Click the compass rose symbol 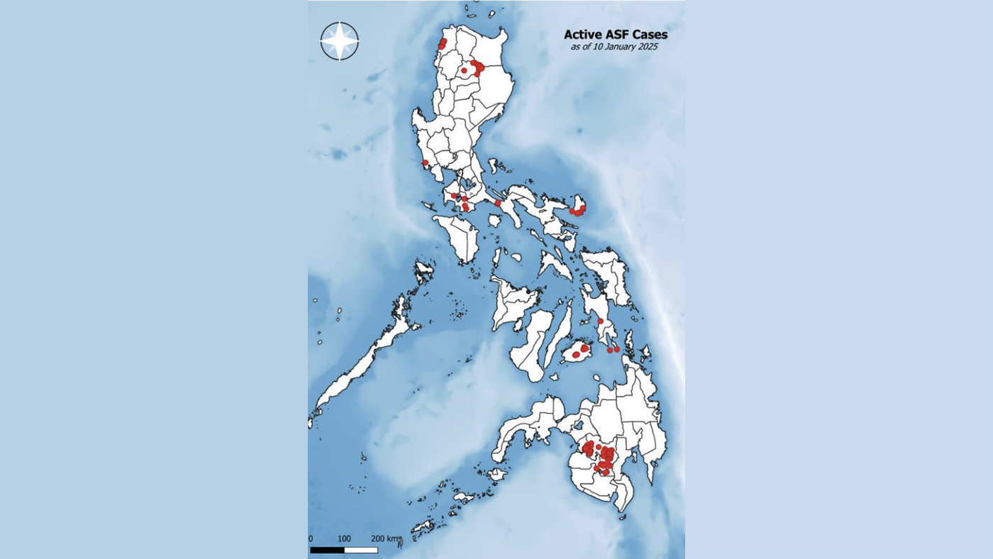pos(339,40)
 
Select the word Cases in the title pos(649,34)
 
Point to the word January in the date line pos(615,47)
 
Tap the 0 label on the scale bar pos(311,538)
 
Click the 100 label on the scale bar pos(344,538)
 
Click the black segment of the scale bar pos(327,550)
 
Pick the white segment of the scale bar pos(360,550)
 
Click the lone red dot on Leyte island pos(601,321)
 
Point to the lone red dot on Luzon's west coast pos(425,162)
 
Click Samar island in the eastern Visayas pos(611,273)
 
